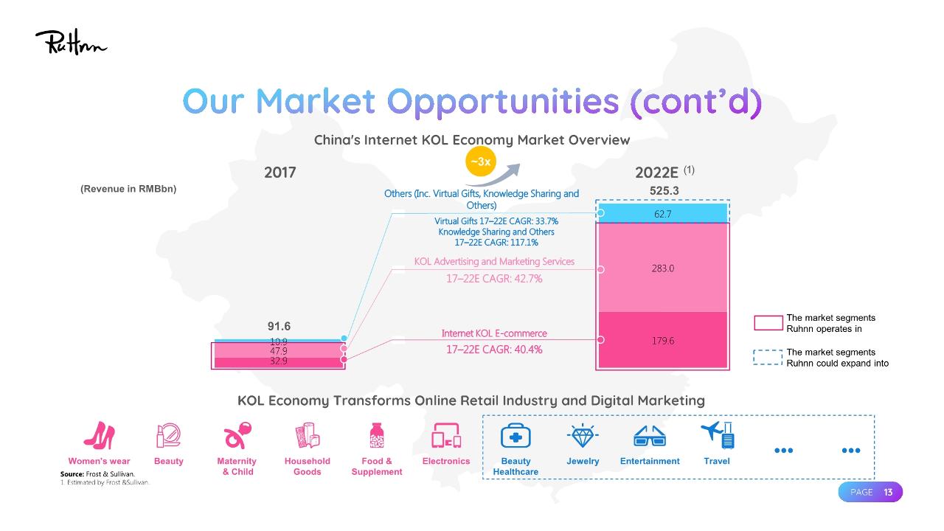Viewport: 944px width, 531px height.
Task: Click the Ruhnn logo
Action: (71, 43)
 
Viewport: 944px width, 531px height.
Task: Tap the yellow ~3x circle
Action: (480, 162)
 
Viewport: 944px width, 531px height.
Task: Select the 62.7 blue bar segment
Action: (662, 213)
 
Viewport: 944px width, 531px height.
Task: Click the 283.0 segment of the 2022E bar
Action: (662, 268)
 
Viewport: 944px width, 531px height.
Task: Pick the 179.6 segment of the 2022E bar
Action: (662, 340)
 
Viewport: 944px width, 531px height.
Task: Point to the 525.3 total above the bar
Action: (664, 190)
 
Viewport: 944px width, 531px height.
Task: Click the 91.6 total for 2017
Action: (279, 326)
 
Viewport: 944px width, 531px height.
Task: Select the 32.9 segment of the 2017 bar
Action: (279, 361)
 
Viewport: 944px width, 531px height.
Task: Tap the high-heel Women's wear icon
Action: (99, 436)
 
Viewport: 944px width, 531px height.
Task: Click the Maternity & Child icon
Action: (237, 436)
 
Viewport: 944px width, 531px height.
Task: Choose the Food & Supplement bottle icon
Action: (377, 436)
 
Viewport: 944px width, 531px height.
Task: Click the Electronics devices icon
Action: (446, 436)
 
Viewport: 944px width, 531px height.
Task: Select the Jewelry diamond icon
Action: (583, 436)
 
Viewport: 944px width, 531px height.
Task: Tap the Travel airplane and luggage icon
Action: (717, 435)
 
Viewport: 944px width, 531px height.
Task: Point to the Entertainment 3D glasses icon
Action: (650, 437)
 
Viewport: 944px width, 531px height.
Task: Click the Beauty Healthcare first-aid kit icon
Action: (516, 437)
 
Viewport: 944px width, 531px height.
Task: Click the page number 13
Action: (889, 492)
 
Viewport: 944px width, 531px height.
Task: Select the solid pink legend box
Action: (768, 323)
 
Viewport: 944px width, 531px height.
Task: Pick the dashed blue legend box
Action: (768, 358)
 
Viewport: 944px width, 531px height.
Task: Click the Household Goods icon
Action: (307, 436)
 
